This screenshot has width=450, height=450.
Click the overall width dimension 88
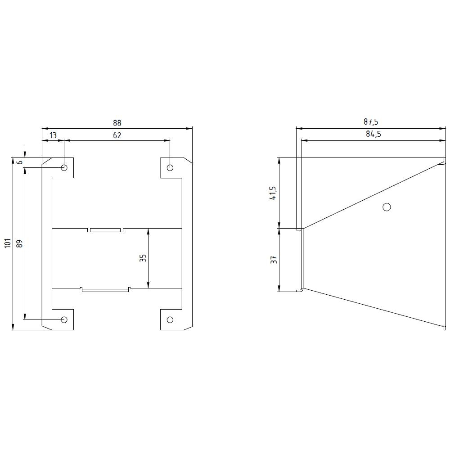point(117,123)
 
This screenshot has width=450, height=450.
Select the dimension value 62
point(117,135)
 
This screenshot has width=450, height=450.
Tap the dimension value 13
point(53,135)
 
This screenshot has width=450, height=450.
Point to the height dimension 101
point(7,243)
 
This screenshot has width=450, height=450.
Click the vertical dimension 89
point(19,243)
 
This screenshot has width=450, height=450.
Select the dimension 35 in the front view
point(143,258)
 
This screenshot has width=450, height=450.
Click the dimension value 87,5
point(371,122)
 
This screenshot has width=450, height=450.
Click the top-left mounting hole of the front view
point(64,168)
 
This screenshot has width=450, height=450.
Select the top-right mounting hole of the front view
point(170,168)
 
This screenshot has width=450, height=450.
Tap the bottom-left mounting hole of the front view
point(64,319)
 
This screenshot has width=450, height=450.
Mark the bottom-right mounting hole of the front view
point(170,319)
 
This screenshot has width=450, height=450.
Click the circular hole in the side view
point(386,207)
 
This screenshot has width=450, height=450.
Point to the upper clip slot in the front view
point(105,230)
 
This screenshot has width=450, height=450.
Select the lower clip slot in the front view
point(105,289)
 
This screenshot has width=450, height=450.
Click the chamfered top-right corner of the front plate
point(188,160)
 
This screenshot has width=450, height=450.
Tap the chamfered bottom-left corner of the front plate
point(46,327)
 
